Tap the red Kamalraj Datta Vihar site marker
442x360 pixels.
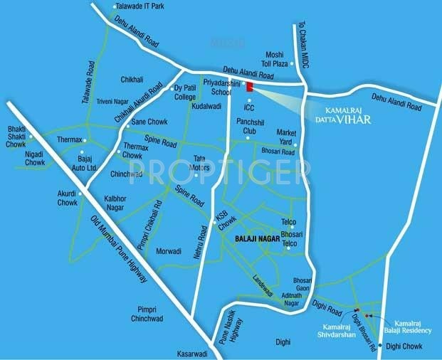tap(249, 87)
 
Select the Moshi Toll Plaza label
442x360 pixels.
tap(274, 59)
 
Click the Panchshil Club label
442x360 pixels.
tap(251, 127)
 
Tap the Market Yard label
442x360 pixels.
tap(287, 137)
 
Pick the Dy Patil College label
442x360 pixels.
tap(185, 92)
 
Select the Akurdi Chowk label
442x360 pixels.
tap(68, 197)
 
